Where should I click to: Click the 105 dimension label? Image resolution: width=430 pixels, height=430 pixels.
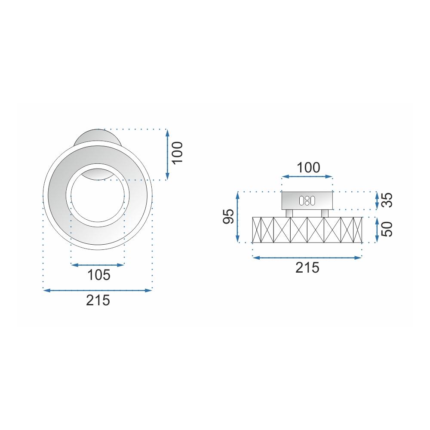99,275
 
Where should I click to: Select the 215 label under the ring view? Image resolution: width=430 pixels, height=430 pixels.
98,300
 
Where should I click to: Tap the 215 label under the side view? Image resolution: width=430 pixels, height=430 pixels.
307,267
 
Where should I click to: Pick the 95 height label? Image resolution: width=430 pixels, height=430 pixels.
229,216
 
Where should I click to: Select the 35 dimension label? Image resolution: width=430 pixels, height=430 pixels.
388,200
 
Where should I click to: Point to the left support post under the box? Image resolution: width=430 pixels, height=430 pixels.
289,213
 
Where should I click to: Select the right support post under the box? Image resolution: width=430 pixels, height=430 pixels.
325,213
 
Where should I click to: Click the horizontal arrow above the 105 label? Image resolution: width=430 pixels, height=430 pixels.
98,264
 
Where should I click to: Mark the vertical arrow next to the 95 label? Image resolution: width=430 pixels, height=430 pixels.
238,217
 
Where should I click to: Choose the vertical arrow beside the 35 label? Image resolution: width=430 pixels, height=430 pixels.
377,200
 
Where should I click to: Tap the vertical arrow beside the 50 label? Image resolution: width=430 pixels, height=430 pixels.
377,230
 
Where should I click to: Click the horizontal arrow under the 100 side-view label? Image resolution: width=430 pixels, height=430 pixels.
307,176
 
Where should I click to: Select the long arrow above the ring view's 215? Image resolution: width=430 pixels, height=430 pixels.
98,291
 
